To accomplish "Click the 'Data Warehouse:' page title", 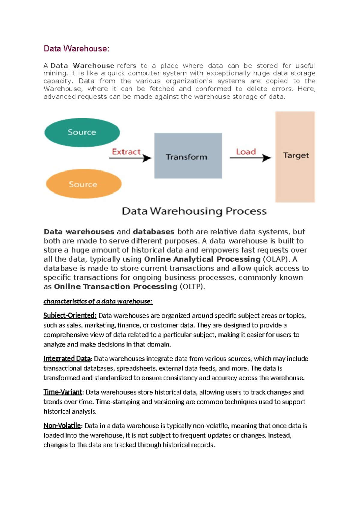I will coord(76,49).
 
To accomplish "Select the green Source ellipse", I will coord(82,132).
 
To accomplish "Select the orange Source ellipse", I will coord(83,184).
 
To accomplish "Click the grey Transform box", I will coord(188,156).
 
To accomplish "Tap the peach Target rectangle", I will coord(295,157).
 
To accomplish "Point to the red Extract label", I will coord(126,152).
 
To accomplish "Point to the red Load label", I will coord(246,152).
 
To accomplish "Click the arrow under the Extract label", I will coord(130,158).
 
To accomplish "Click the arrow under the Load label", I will coord(250,158).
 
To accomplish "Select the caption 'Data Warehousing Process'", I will coord(194,211).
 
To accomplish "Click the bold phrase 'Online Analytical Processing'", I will coord(202,259).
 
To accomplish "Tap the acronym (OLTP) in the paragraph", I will coord(192,287).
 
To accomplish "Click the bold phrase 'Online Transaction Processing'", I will coord(116,287).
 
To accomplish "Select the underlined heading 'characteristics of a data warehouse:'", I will coord(98,301).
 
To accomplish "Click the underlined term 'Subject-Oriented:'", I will coord(70,315).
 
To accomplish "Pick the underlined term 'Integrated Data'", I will coord(67,359).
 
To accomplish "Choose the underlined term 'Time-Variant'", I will coord(62,392).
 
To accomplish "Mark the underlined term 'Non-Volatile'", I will coord(62,426).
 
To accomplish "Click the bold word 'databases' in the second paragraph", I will coord(153,232).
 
